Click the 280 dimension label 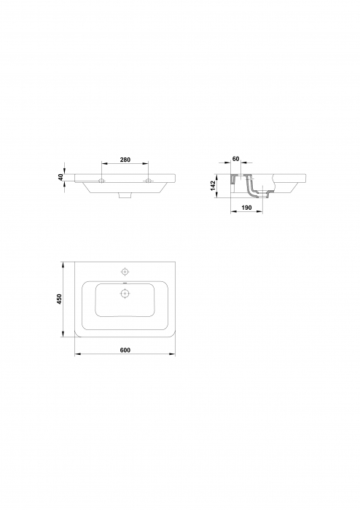click(x=125, y=159)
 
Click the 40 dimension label click(x=62, y=176)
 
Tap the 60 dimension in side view click(x=236, y=159)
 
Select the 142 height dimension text click(x=214, y=185)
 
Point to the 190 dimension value click(x=246, y=209)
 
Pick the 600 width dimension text click(x=125, y=351)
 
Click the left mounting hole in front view click(x=102, y=180)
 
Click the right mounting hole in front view click(x=149, y=180)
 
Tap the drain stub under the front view click(x=125, y=196)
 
